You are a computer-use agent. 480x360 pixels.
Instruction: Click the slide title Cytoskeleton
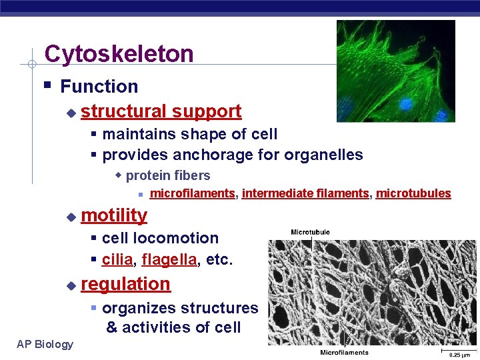(119, 54)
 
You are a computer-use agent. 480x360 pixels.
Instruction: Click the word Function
(99, 86)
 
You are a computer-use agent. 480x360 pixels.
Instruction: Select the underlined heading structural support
(161, 111)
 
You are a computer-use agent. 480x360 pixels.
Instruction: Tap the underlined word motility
(114, 215)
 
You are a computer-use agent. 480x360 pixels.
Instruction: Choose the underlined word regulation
(125, 284)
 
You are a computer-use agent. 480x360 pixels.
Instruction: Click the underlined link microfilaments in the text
(192, 193)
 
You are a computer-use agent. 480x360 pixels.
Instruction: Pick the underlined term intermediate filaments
(305, 193)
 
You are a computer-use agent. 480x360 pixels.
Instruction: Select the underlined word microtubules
(413, 193)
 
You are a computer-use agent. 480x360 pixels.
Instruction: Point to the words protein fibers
(167, 176)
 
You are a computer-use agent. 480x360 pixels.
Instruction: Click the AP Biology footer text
(45, 344)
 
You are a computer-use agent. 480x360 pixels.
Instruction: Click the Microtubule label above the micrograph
(310, 232)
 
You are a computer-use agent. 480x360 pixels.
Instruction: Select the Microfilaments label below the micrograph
(344, 352)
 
